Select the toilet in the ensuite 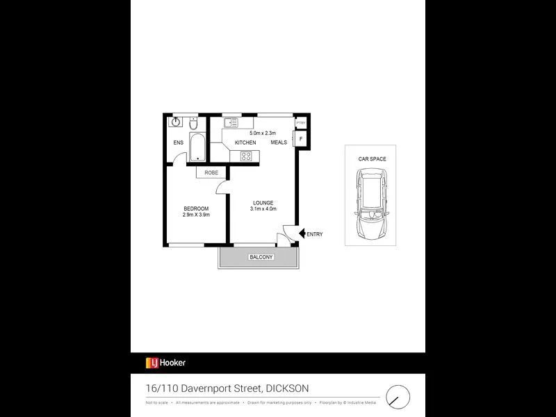[195, 124]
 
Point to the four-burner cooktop [246, 156]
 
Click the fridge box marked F [300, 139]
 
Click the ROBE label [211, 173]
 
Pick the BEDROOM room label [196, 208]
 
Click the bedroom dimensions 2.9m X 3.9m [196, 215]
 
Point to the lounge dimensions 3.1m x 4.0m [263, 209]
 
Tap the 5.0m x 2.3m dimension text [263, 133]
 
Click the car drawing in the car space [372, 205]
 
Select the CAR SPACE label [372, 159]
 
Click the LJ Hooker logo [165, 362]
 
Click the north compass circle [398, 395]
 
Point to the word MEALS [279, 143]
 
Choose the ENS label [179, 143]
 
